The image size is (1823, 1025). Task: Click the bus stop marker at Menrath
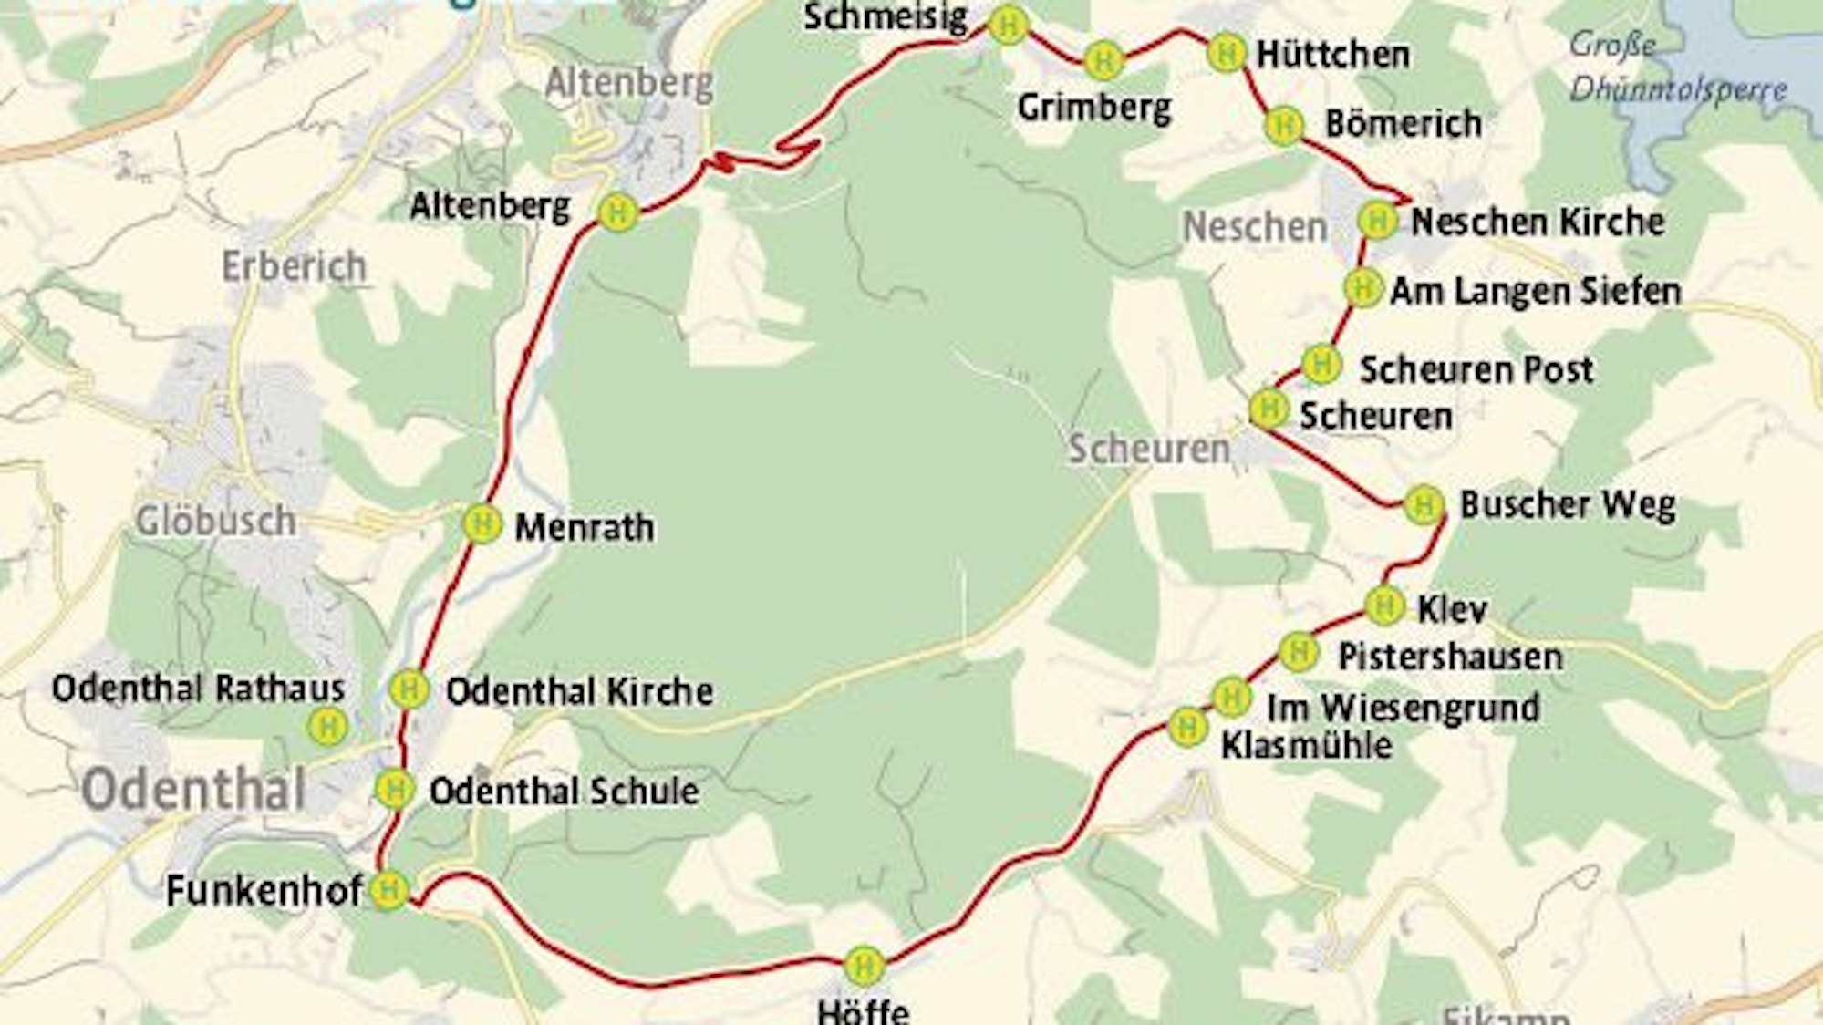point(482,524)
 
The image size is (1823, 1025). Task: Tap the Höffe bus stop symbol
point(863,965)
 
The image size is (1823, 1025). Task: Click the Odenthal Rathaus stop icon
point(327,727)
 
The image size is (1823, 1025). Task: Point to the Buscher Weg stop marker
point(1423,504)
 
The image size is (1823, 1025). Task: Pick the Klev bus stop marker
point(1384,605)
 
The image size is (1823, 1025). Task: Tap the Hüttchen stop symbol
point(1226,53)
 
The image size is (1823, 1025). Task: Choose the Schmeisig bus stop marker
point(1009,26)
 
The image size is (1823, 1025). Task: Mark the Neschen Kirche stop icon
point(1377,220)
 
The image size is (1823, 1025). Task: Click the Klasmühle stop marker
point(1187,727)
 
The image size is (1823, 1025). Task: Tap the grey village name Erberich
point(295,267)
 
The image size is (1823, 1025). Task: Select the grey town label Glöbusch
point(215,522)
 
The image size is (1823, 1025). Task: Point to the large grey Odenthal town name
point(193,791)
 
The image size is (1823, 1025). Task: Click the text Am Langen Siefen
point(1535,292)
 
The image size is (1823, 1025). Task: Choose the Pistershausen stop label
point(1450,657)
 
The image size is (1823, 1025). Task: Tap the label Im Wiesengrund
point(1403,708)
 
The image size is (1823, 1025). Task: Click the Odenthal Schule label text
point(564,791)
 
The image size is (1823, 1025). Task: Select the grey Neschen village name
point(1255,227)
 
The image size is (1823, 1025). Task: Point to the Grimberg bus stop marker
point(1103,61)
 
